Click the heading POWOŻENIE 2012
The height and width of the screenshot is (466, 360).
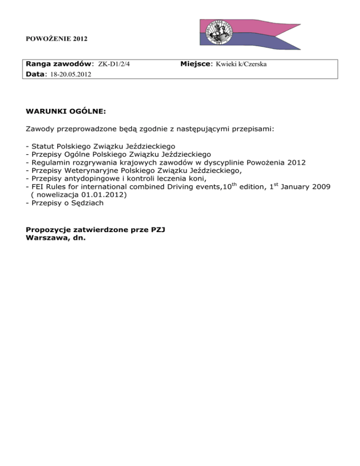point(56,38)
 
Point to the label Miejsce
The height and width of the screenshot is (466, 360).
point(196,64)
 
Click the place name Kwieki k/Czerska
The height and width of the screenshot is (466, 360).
point(241,64)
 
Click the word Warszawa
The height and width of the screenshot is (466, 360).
point(46,237)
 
